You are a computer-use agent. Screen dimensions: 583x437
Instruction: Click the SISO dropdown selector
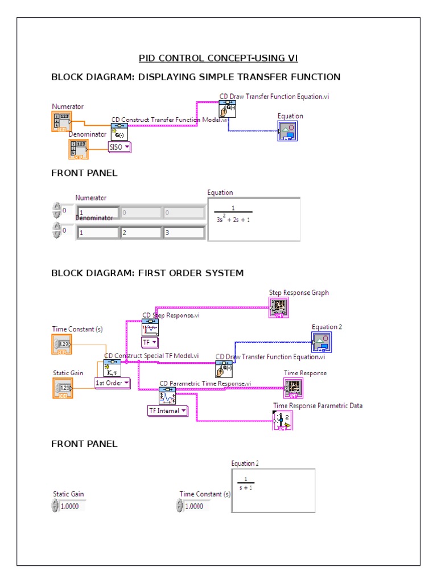(119, 147)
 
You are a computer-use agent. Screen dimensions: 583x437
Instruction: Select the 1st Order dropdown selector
(112, 383)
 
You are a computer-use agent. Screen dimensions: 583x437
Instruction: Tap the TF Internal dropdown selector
(167, 410)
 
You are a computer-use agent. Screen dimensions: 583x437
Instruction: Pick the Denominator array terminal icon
(78, 149)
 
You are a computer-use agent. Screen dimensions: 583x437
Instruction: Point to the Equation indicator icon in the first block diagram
(287, 131)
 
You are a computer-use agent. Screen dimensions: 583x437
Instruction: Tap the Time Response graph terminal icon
(294, 388)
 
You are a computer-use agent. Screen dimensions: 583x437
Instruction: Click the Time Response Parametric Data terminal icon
(283, 421)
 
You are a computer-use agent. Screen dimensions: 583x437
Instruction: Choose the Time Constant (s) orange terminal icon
(61, 344)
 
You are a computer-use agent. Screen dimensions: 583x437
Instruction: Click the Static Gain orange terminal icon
(61, 388)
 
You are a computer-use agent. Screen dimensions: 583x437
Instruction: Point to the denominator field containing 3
(183, 232)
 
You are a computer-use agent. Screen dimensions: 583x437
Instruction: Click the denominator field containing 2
(141, 232)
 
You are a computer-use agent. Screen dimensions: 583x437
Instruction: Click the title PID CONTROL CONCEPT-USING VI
(218, 58)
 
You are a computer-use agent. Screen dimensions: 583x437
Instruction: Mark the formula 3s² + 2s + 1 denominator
(233, 218)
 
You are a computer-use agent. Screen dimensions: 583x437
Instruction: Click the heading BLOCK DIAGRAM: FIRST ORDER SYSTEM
(147, 273)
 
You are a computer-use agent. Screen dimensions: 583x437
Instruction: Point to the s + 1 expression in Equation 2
(246, 487)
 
